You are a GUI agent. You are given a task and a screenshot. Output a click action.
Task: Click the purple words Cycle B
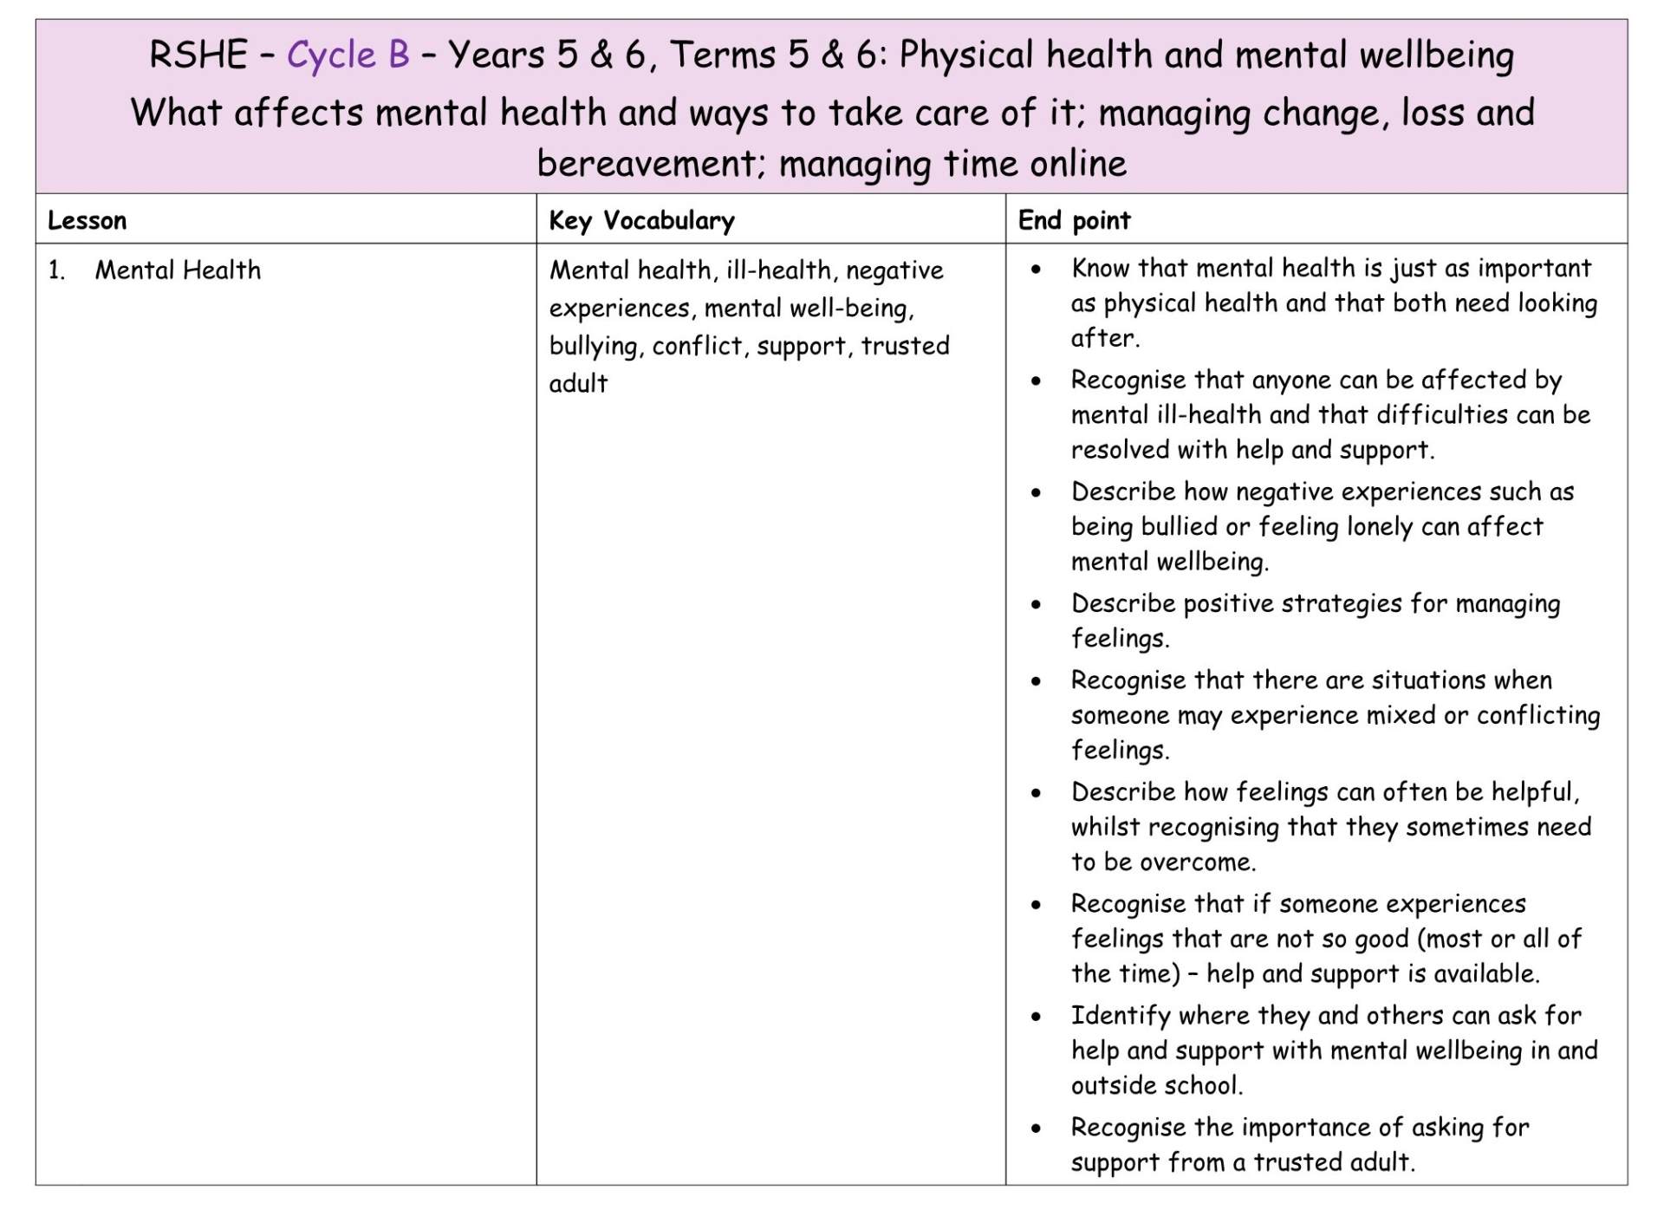pyautogui.click(x=348, y=55)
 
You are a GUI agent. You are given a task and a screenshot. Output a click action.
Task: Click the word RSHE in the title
pyautogui.click(x=198, y=55)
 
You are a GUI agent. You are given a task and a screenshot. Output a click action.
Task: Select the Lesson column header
pyautogui.click(x=87, y=221)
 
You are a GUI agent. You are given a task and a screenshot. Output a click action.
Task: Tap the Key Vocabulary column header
pyautogui.click(x=641, y=221)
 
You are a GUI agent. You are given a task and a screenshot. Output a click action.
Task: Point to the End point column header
pyautogui.click(x=1074, y=221)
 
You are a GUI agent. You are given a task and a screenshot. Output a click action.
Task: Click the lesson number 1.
pyautogui.click(x=56, y=270)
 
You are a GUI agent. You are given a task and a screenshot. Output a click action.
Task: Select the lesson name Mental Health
pyautogui.click(x=178, y=270)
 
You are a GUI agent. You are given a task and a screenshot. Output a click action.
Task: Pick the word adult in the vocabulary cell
pyautogui.click(x=578, y=384)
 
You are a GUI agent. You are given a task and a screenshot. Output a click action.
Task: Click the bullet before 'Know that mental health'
pyautogui.click(x=1036, y=270)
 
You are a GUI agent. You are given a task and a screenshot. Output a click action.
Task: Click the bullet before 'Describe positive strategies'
pyautogui.click(x=1036, y=605)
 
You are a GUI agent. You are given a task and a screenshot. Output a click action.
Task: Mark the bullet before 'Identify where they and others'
pyautogui.click(x=1036, y=1017)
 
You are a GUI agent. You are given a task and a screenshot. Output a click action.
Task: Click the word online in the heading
pyautogui.click(x=1077, y=164)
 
